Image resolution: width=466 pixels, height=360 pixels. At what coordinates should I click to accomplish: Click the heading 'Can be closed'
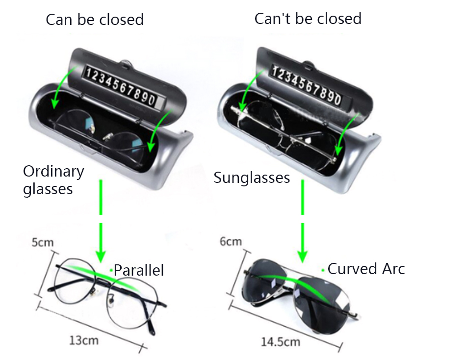pyautogui.click(x=95, y=20)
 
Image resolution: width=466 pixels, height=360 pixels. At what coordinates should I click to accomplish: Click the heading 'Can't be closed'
pyautogui.click(x=308, y=19)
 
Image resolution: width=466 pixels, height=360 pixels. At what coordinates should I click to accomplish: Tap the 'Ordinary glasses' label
pyautogui.click(x=53, y=180)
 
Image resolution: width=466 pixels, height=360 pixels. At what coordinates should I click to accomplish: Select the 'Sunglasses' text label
pyautogui.click(x=252, y=178)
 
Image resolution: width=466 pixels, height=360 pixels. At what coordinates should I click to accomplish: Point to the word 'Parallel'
pyautogui.click(x=139, y=270)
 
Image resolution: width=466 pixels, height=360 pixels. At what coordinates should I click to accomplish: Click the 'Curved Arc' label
pyautogui.click(x=366, y=269)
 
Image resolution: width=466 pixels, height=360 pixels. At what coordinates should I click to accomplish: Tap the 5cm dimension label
pyautogui.click(x=43, y=242)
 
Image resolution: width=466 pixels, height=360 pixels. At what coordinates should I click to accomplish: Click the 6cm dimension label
pyautogui.click(x=230, y=241)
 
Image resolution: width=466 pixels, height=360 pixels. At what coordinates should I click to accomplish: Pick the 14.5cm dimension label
pyautogui.click(x=280, y=341)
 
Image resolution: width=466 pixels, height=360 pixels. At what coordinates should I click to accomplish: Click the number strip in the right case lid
pyautogui.click(x=306, y=86)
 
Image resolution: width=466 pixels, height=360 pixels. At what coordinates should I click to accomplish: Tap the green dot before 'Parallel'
pyautogui.click(x=111, y=270)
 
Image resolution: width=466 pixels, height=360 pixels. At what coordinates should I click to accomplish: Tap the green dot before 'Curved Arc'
pyautogui.click(x=323, y=270)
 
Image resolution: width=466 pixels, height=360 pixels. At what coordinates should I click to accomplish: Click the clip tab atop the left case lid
pyautogui.click(x=127, y=62)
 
